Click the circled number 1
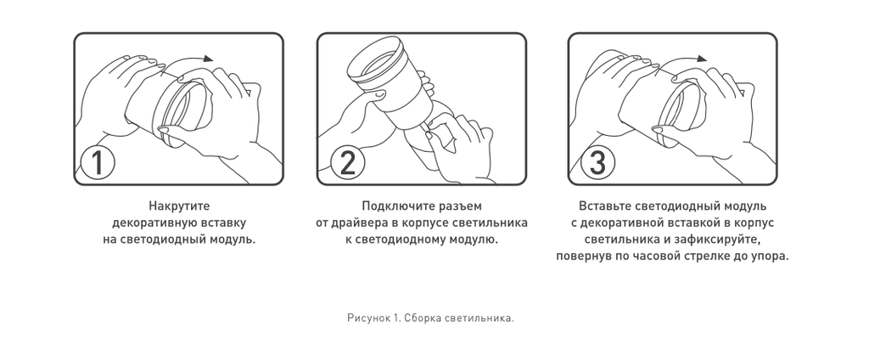(x=98, y=164)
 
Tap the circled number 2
(x=347, y=164)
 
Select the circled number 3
(x=597, y=164)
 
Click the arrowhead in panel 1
(x=208, y=59)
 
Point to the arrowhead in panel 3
(x=702, y=59)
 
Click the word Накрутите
(x=179, y=206)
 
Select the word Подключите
(x=393, y=206)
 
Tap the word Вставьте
(x=604, y=206)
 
